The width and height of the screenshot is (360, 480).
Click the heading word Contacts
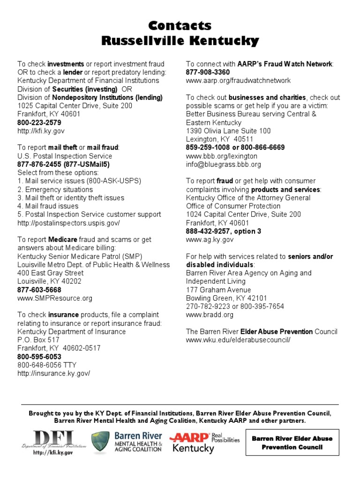click(180, 25)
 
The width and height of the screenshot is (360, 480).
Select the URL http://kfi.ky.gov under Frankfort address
click(41, 131)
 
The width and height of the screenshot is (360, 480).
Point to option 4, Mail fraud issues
click(48, 206)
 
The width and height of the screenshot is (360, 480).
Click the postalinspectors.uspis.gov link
click(68, 223)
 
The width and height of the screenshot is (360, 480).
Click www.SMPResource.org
click(55, 298)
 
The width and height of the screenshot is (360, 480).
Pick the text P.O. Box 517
click(38, 340)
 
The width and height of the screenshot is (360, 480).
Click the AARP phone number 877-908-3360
click(208, 72)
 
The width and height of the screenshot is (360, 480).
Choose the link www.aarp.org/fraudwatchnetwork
click(238, 81)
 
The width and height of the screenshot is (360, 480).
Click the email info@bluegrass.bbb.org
click(224, 165)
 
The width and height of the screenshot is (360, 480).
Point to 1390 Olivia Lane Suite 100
click(228, 131)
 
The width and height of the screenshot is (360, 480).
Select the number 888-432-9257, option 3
click(224, 231)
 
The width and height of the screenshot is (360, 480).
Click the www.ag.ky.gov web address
click(210, 240)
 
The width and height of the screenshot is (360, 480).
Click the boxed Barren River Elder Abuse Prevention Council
click(292, 443)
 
